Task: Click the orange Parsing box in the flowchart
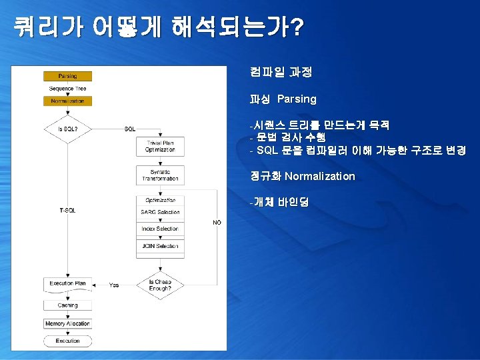coord(67,77)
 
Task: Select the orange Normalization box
coord(67,101)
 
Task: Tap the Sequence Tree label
coord(67,89)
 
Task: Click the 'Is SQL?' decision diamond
coord(67,128)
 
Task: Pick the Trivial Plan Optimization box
coord(160,147)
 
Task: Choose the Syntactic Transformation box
coord(160,176)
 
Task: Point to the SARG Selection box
coord(160,212)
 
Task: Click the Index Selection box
coord(160,229)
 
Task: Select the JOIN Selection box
coord(160,246)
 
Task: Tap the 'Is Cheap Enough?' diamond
coord(160,285)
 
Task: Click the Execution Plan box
coord(67,284)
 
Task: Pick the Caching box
coord(67,305)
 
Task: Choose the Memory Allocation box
coord(67,323)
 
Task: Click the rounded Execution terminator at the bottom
coord(67,341)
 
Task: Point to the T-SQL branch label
coord(67,211)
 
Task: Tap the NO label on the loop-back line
coord(217,223)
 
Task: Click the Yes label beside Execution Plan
coord(114,285)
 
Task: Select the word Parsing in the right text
coord(297,99)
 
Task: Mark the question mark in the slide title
coord(297,27)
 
